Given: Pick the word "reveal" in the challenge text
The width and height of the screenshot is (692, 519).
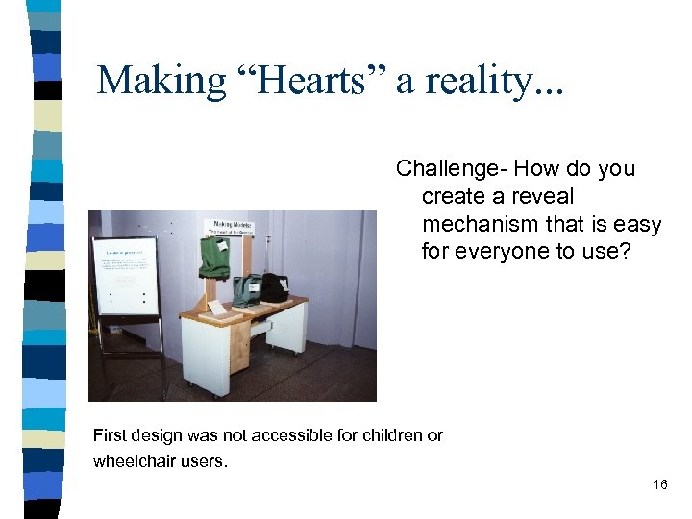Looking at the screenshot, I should tap(540, 197).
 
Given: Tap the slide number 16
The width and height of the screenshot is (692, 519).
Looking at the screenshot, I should tap(659, 484).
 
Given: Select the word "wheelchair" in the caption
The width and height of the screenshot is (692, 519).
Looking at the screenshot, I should tap(134, 461).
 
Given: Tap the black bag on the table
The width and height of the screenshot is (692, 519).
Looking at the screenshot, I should tap(276, 286).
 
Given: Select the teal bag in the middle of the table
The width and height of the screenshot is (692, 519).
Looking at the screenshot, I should tap(247, 288).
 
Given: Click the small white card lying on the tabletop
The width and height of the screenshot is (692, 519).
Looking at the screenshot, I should tap(219, 308).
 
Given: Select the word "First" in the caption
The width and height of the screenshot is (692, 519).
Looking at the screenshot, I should tap(110, 435).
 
